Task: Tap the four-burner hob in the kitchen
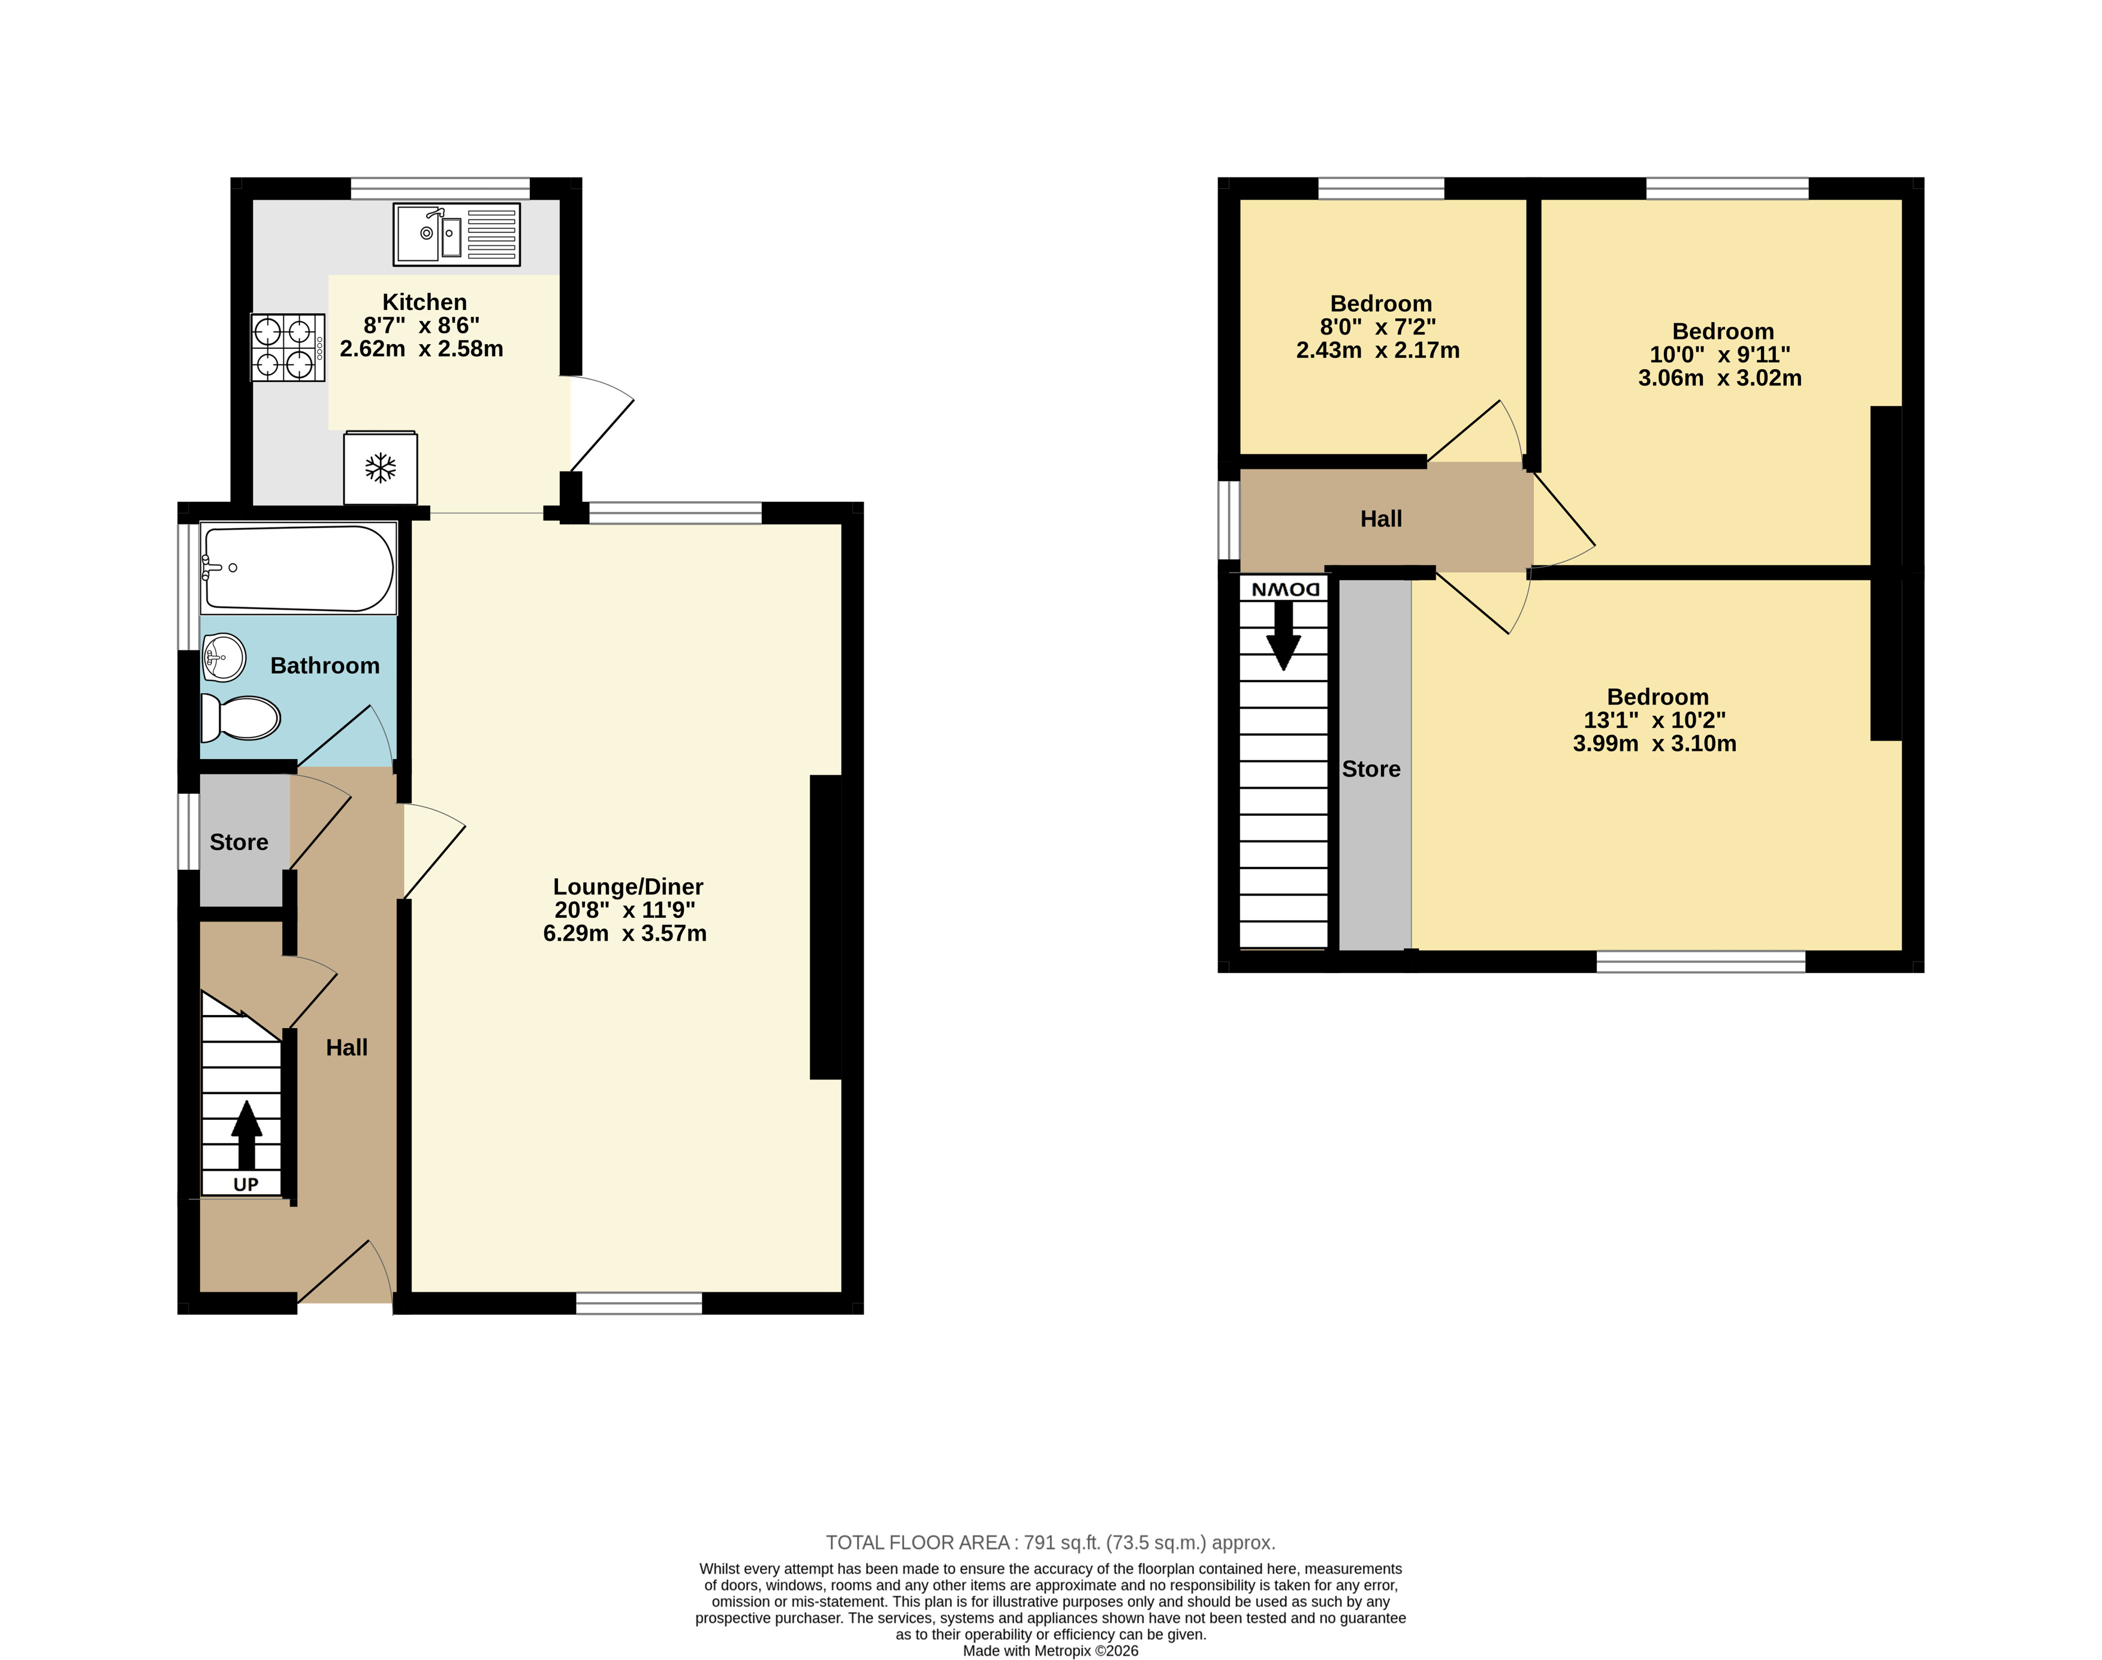click(x=288, y=348)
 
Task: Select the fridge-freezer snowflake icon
click(x=380, y=468)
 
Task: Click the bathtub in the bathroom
click(x=298, y=568)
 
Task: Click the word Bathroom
click(x=325, y=666)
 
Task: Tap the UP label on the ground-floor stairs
click(x=246, y=1184)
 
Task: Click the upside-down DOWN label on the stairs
click(x=1284, y=589)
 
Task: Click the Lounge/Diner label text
click(x=628, y=887)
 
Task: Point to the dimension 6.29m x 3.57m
click(x=625, y=933)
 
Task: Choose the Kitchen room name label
click(x=425, y=302)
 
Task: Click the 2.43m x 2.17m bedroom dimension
click(x=1378, y=350)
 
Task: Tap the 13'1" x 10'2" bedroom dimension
click(x=1655, y=720)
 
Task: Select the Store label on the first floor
click(x=1371, y=769)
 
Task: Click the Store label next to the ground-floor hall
click(x=239, y=842)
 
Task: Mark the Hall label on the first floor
click(x=1381, y=519)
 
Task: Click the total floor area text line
click(x=1051, y=1542)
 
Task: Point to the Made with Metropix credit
click(x=1051, y=1650)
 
